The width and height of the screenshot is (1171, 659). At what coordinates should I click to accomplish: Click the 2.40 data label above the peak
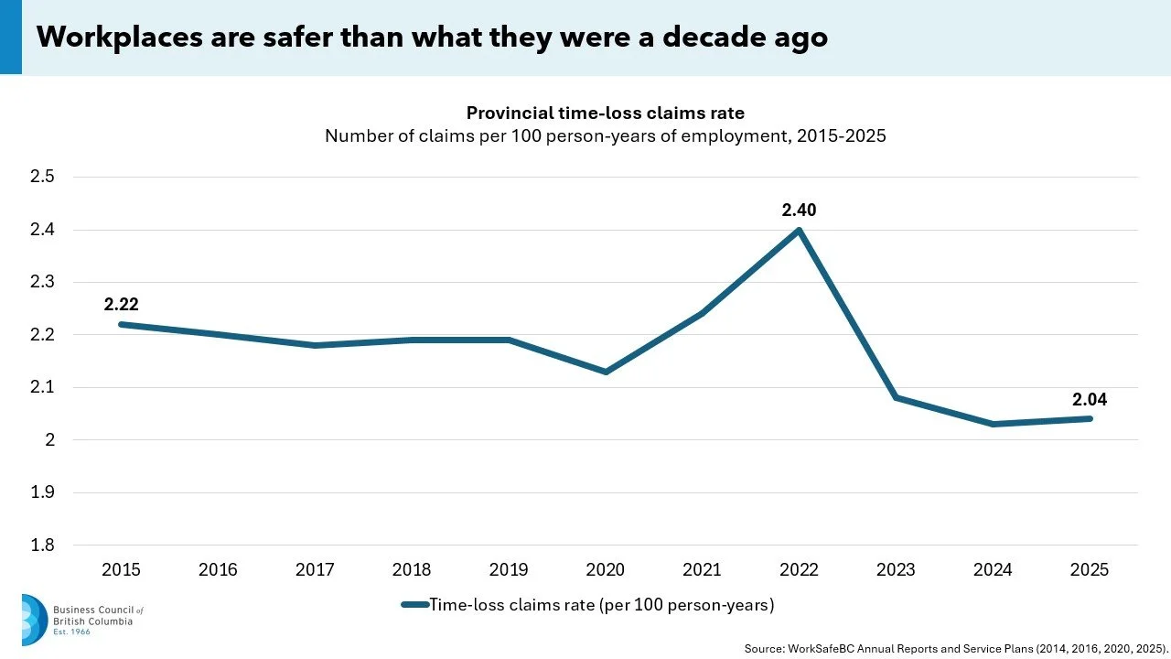799,211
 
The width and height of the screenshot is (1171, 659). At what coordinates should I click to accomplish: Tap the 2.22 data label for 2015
122,305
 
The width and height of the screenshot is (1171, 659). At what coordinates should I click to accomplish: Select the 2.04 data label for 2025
1090,400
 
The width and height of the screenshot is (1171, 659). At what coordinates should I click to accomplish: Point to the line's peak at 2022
799,230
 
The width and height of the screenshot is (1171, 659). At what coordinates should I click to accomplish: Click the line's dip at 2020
606,372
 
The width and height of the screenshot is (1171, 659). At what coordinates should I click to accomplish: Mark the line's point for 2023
896,398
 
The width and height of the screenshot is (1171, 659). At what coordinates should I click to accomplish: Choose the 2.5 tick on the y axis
42,177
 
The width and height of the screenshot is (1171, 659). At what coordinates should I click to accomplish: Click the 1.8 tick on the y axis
42,545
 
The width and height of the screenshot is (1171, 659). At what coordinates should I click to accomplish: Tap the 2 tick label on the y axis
50,440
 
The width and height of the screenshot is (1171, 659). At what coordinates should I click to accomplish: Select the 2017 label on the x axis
315,569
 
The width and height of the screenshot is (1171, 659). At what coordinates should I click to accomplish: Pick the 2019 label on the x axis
509,569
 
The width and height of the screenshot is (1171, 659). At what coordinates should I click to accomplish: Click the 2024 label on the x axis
993,569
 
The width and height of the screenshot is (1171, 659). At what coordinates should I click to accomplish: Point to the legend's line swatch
415,605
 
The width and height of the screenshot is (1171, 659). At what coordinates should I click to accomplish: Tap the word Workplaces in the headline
119,38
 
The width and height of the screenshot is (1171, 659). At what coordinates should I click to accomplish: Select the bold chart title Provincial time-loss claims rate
606,113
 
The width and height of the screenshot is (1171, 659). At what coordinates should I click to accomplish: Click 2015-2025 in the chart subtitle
842,136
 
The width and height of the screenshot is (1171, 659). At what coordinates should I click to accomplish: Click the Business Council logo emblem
35,620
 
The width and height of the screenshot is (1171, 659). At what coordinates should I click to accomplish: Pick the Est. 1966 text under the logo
71,632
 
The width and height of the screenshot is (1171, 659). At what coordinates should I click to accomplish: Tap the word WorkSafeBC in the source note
822,649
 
